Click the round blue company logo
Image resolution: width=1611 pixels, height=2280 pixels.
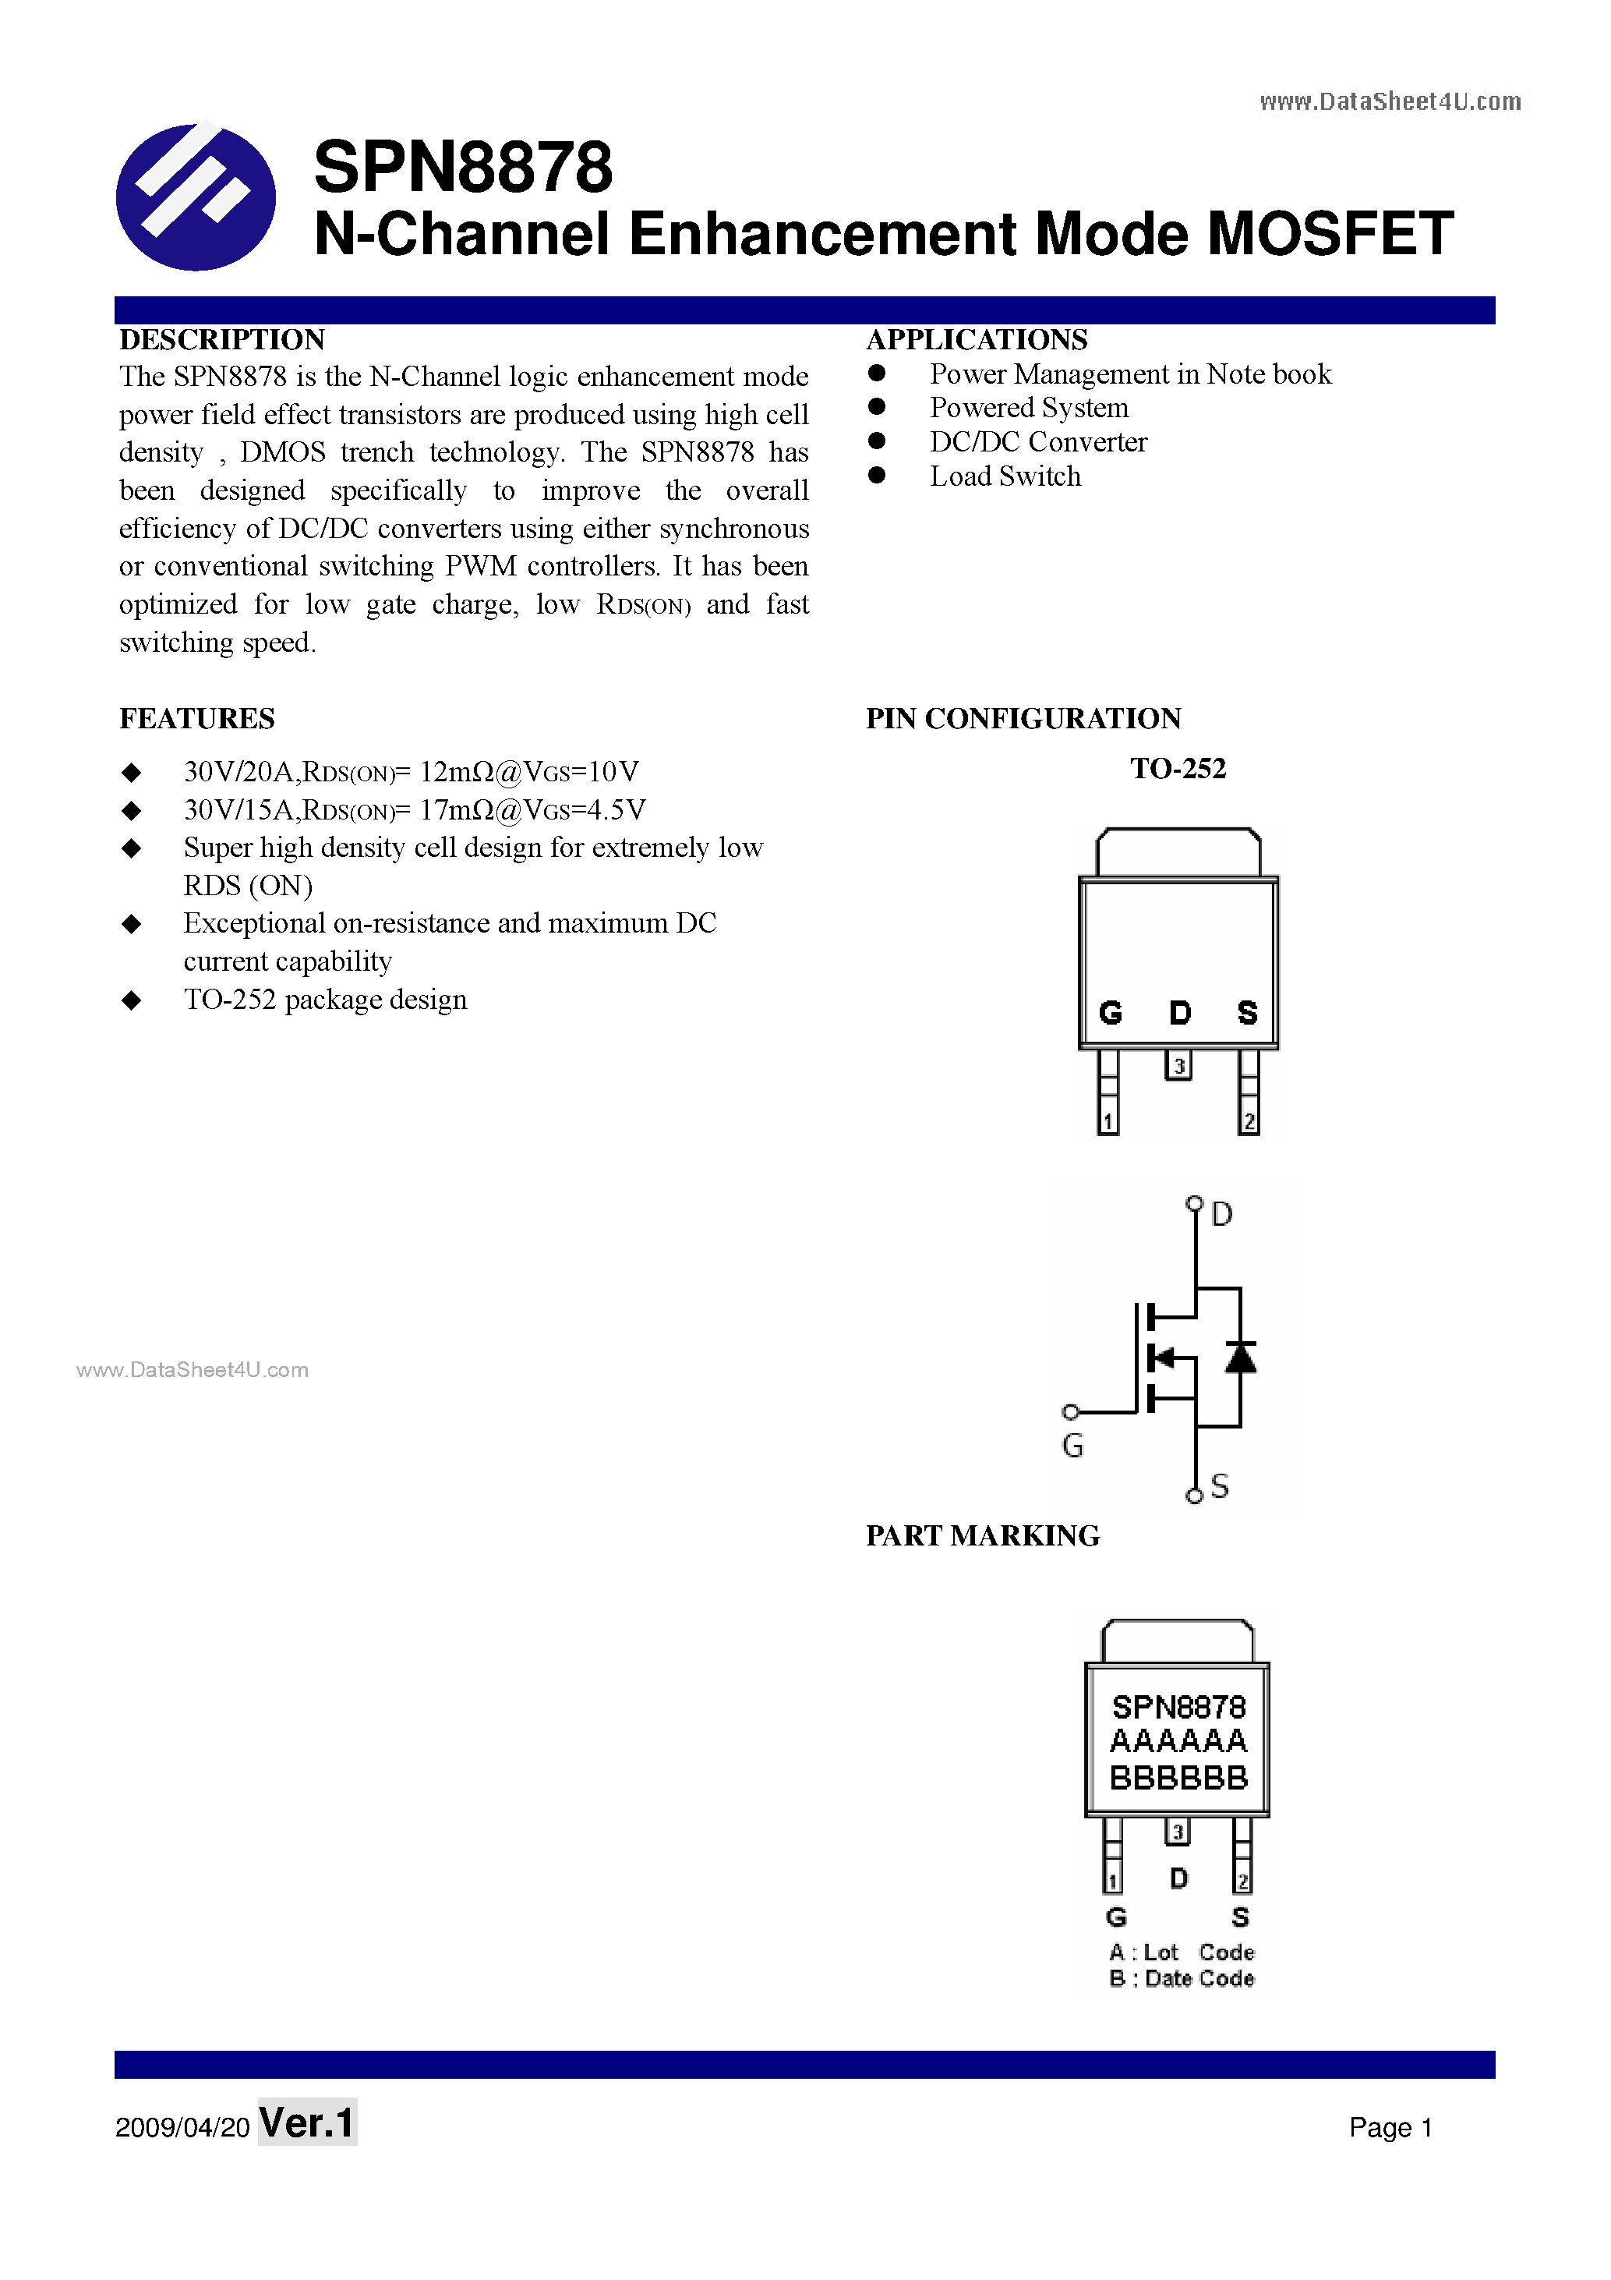[x=196, y=196]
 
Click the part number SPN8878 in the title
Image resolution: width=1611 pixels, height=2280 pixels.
[x=462, y=167]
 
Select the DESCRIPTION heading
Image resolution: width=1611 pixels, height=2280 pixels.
[x=222, y=340]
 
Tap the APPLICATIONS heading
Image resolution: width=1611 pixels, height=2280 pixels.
[x=977, y=340]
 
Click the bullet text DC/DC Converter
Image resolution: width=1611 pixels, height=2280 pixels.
[x=1037, y=442]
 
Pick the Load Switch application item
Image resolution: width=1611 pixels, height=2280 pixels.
[x=1005, y=476]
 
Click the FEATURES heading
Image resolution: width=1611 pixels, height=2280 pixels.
[x=196, y=718]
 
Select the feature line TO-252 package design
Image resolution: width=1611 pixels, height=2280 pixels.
[x=324, y=999]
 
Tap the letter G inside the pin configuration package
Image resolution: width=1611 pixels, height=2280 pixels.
[x=1110, y=1013]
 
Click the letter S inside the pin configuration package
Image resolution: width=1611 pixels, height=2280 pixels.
[x=1247, y=1013]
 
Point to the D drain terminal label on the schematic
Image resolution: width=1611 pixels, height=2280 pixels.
[x=1222, y=1213]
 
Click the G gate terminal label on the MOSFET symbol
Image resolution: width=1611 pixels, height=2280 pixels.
[x=1072, y=1445]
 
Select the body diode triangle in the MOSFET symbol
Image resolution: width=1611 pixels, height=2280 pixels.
[x=1240, y=1358]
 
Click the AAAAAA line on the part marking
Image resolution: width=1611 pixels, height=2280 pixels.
[x=1178, y=1740]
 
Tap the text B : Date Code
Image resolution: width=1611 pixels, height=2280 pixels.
[x=1182, y=1978]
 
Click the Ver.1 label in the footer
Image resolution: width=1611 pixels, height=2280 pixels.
[x=307, y=2123]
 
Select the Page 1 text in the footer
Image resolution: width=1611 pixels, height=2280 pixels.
[x=1390, y=2127]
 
